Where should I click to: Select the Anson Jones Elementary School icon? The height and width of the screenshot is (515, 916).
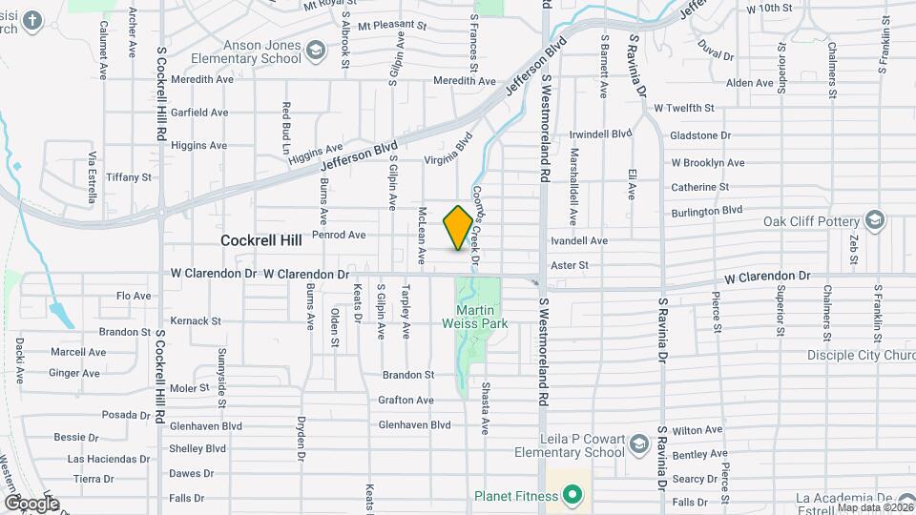[x=314, y=50]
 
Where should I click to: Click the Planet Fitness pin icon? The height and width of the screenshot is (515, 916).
[x=572, y=494]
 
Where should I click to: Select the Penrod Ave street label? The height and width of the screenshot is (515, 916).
[x=340, y=235]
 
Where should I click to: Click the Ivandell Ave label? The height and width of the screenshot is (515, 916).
[x=578, y=241]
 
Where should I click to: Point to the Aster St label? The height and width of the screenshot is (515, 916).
[x=570, y=265]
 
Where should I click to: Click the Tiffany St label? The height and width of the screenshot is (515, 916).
[x=129, y=177]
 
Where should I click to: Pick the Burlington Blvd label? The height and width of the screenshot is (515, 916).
[x=706, y=211]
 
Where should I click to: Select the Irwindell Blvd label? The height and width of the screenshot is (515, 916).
[x=601, y=134]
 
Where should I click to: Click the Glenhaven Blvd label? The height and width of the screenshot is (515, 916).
[x=414, y=424]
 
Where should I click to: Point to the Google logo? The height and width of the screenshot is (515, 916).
[x=31, y=503]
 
